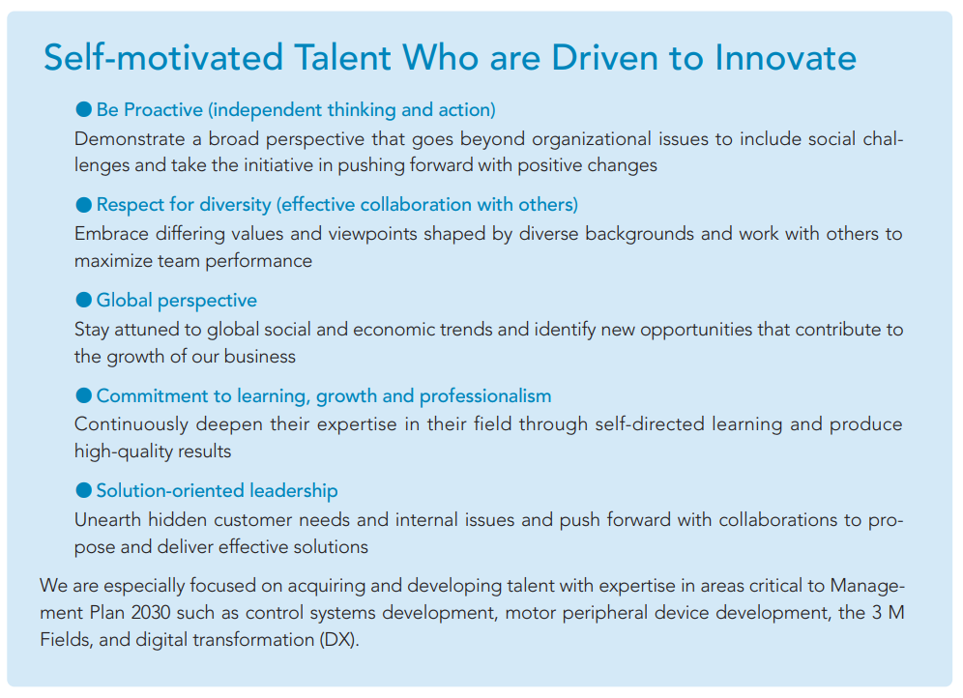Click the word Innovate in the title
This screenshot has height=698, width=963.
(x=785, y=58)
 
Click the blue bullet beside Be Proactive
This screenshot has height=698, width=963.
(x=83, y=109)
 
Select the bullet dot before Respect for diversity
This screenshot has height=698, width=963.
(x=83, y=204)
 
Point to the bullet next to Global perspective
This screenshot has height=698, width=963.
(x=83, y=300)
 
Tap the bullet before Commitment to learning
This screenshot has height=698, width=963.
(x=83, y=395)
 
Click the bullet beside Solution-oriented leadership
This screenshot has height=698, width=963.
(x=83, y=490)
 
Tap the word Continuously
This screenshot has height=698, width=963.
(x=131, y=424)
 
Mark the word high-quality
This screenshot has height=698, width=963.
(x=123, y=451)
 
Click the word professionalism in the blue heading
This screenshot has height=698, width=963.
(x=485, y=396)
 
